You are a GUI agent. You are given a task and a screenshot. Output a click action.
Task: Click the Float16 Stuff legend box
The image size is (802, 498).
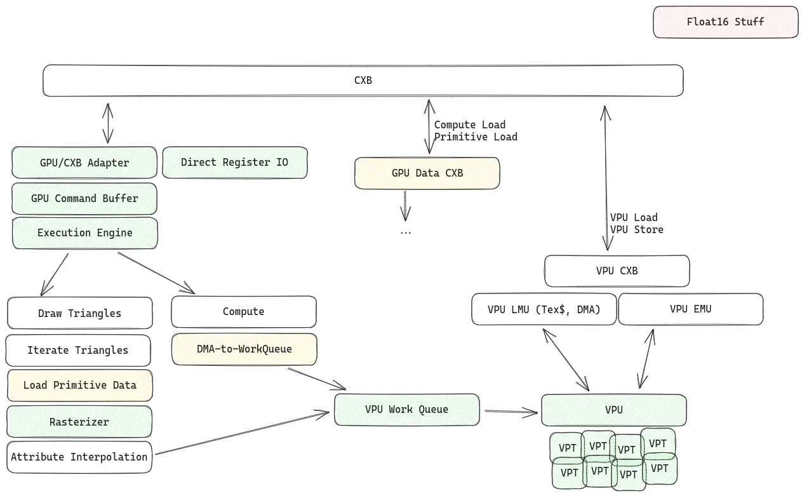tap(725, 22)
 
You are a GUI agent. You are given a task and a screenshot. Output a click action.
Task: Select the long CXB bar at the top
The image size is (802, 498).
tap(363, 81)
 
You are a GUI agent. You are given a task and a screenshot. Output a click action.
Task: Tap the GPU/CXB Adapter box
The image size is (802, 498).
tap(84, 163)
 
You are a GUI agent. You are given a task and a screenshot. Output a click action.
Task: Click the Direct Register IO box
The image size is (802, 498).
tap(234, 163)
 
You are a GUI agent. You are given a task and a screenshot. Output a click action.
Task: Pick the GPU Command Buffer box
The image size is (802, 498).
tap(84, 199)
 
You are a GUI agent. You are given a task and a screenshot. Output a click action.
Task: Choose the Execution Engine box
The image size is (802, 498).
tap(84, 233)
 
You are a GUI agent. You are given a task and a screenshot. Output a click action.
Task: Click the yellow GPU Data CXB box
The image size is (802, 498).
tap(427, 173)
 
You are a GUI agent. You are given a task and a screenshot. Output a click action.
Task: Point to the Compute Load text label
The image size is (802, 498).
tap(470, 124)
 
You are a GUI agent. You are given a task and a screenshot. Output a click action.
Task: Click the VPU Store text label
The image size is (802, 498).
tap(637, 230)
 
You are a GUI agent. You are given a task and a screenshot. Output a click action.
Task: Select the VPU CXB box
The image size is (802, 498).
tap(617, 271)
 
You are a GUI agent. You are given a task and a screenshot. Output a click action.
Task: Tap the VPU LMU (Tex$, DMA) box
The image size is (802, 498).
tap(544, 310)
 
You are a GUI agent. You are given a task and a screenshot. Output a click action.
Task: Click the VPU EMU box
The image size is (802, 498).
tap(690, 309)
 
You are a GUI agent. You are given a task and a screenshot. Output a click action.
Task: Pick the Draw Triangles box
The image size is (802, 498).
tap(79, 313)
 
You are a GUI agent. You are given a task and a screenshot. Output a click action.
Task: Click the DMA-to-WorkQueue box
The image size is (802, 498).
tap(244, 349)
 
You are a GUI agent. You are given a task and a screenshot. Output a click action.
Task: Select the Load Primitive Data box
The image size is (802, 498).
tap(79, 386)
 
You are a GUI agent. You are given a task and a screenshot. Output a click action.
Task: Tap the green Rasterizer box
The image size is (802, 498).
tap(79, 422)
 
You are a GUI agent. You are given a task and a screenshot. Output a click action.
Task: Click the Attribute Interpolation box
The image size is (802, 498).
tap(79, 457)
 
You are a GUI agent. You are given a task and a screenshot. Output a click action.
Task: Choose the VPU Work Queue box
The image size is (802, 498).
tap(406, 410)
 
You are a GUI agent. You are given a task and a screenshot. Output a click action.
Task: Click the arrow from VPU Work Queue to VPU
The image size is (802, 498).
tap(511, 412)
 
